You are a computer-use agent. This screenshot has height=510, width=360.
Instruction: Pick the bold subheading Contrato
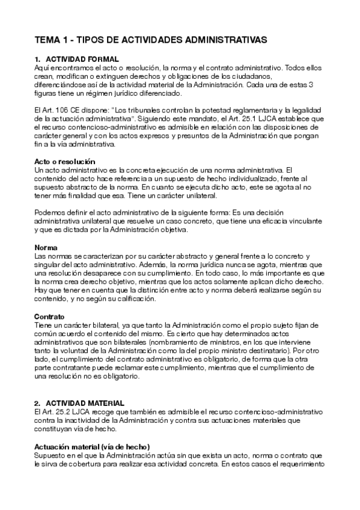click(50, 316)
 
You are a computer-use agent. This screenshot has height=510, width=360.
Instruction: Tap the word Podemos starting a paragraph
click(51, 213)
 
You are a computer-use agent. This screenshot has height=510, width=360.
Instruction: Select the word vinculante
click(307, 221)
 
